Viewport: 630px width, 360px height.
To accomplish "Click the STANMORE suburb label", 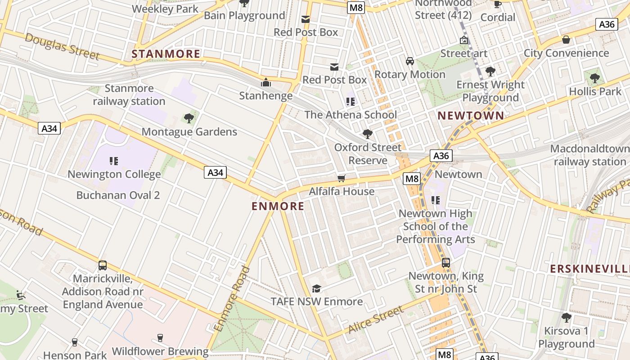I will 166,54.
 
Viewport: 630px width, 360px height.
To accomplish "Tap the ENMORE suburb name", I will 278,206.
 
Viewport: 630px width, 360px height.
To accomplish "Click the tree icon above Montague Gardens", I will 189,118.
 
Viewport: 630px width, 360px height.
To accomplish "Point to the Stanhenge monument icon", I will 266,83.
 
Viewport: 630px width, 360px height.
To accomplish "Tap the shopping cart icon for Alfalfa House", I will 342,179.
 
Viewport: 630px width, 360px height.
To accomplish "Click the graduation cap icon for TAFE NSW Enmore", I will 317,288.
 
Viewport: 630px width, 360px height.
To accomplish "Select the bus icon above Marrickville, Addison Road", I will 103,265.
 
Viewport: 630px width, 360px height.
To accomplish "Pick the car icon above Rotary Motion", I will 410,61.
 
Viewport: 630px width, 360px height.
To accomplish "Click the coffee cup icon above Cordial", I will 497,4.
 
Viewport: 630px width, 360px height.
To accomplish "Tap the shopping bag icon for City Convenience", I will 566,40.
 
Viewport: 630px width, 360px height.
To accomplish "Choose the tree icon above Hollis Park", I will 595,78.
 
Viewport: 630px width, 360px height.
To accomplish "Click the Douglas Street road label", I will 62,46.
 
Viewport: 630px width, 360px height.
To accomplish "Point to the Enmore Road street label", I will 233,299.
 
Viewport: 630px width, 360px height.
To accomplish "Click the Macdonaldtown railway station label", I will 590,155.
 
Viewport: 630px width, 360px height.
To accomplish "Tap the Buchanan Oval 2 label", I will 118,195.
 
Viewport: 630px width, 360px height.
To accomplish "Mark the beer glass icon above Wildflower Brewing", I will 160,338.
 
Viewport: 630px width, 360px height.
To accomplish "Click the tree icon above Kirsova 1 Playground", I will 566,318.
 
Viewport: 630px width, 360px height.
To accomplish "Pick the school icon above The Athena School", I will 351,102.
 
